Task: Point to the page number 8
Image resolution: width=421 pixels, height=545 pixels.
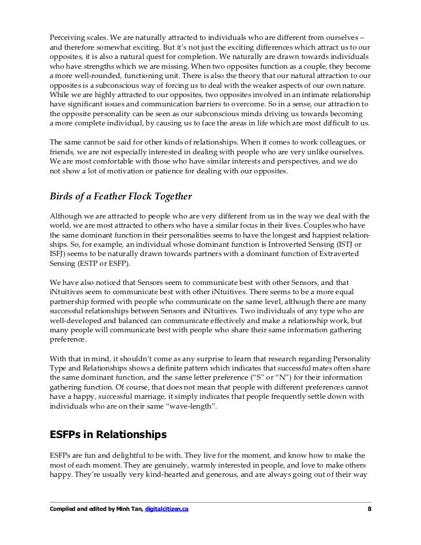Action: pos(370,509)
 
